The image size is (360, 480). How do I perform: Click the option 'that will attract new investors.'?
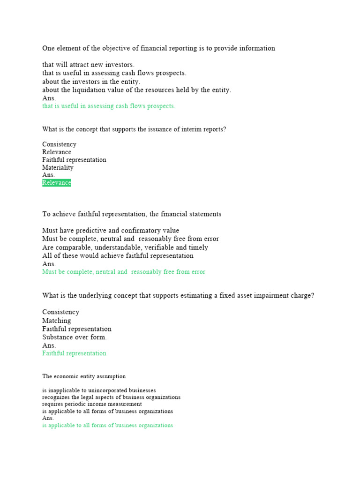pos(88,65)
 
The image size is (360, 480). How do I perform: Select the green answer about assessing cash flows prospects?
pos(109,106)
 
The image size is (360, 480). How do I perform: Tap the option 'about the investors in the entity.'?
pos(91,82)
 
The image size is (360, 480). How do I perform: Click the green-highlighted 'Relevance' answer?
pos(57,183)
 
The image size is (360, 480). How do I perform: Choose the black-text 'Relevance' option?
pos(57,152)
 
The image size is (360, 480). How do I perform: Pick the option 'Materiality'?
pos(58,167)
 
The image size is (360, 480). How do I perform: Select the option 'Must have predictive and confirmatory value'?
pos(111,231)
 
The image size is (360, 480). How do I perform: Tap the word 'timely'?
pos(198,247)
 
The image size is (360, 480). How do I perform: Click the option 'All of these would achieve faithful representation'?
pos(118,256)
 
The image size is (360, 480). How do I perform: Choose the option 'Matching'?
pos(57,321)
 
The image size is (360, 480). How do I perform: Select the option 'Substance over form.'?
pos(75,337)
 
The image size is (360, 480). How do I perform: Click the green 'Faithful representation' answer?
pos(74,353)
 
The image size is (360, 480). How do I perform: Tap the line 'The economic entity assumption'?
pos(84,376)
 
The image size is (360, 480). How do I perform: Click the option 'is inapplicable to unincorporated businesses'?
pos(99,390)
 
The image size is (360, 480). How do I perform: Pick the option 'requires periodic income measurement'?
pos(92,404)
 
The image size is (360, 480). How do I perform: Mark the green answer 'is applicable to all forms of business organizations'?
pos(107,426)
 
